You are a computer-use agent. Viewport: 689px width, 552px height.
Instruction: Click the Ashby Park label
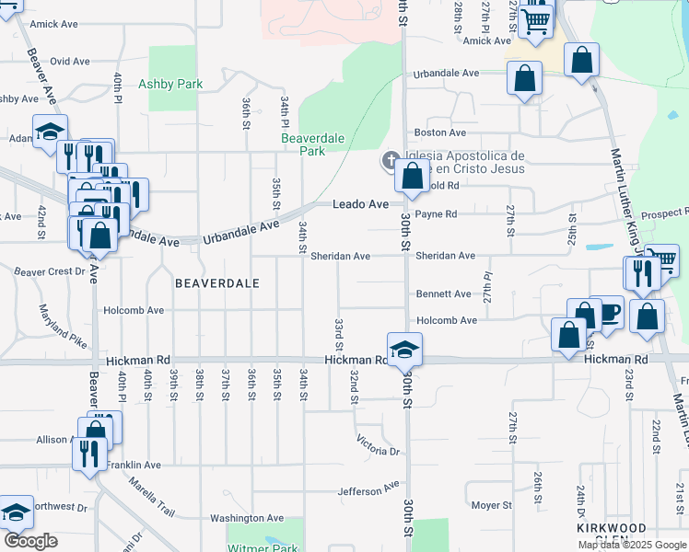click(x=169, y=84)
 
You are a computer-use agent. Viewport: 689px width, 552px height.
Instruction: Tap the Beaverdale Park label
click(x=312, y=144)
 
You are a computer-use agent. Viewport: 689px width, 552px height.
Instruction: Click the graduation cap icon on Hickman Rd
click(x=404, y=350)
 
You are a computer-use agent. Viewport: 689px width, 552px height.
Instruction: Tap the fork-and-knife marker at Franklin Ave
click(x=88, y=454)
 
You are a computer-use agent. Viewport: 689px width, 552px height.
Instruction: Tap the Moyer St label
click(x=491, y=505)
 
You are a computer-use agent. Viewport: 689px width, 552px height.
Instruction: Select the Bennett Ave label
click(x=443, y=293)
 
